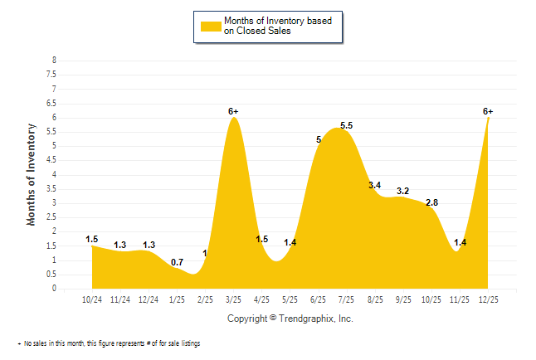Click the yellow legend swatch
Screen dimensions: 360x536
(x=211, y=26)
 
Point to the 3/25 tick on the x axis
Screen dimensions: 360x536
(x=234, y=299)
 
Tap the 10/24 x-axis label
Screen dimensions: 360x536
(x=92, y=299)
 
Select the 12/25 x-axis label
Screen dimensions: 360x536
(x=488, y=299)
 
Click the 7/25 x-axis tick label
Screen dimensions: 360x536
(x=347, y=299)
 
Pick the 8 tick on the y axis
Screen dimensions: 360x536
(x=55, y=61)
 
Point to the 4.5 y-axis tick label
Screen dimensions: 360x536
(x=53, y=160)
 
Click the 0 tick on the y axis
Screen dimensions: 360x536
(x=55, y=289)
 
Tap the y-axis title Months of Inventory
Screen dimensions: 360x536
(x=32, y=174)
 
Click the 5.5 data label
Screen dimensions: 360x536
(x=346, y=126)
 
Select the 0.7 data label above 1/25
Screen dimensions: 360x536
(x=177, y=263)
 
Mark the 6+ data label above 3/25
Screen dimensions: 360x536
(x=234, y=111)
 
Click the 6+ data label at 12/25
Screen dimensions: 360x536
(x=488, y=111)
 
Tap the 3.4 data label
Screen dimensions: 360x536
(x=374, y=185)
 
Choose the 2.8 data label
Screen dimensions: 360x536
(x=431, y=202)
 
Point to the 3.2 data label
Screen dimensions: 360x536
(x=403, y=191)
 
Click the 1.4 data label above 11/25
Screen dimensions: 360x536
(x=460, y=242)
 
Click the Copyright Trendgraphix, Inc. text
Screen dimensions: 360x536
(x=290, y=319)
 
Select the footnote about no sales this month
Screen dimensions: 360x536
(x=109, y=343)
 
